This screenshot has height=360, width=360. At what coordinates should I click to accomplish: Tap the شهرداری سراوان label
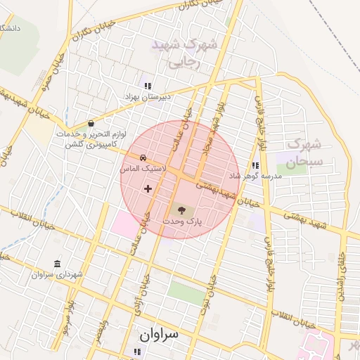click(x=57, y=274)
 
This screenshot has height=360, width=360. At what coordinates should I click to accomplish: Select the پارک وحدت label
click(x=182, y=221)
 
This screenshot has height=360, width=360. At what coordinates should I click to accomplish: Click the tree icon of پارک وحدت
click(x=182, y=210)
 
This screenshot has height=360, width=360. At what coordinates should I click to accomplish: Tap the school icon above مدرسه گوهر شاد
click(x=255, y=165)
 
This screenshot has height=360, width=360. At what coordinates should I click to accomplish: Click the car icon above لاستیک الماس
click(x=143, y=157)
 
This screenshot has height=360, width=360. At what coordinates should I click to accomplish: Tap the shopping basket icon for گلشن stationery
click(x=92, y=123)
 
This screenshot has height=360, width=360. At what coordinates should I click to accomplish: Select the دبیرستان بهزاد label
click(x=148, y=96)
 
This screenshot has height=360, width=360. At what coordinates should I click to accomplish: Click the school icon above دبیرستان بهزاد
click(x=148, y=86)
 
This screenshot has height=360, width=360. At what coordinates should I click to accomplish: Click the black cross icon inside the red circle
click(x=148, y=188)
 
